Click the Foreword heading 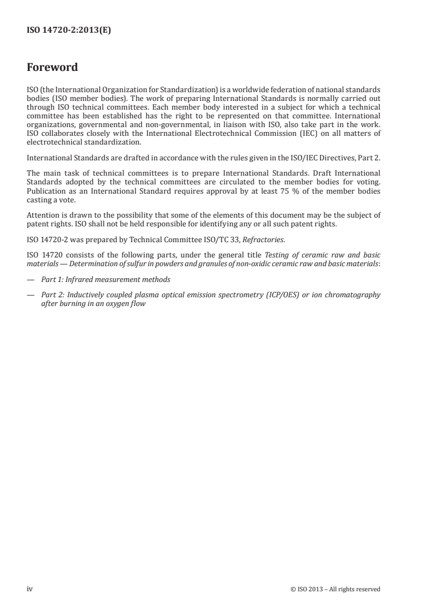click(52, 68)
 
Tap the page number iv click(31, 589)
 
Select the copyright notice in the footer click(336, 589)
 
